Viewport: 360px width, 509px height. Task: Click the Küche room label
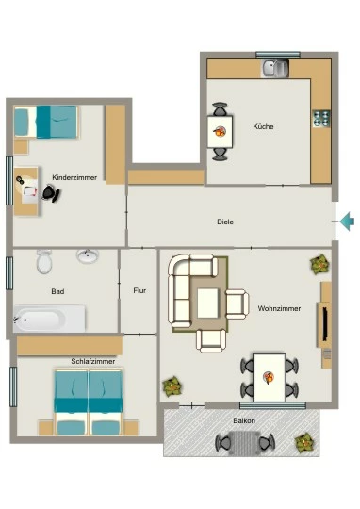[x=263, y=126]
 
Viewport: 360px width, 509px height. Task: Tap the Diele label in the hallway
[x=225, y=222]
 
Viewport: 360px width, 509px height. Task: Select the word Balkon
[x=244, y=420]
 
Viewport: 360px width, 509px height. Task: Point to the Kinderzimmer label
[x=74, y=177]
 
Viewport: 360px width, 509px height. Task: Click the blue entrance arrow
[x=347, y=222]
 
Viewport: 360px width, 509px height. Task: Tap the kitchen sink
[x=275, y=69]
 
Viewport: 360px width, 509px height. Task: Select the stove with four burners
[x=321, y=119]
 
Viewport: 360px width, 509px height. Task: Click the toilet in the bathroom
[x=44, y=261]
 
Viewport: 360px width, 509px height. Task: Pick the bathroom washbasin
[x=88, y=256]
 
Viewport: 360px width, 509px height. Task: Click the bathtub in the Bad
[x=50, y=319]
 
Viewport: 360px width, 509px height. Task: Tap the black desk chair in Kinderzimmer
[x=51, y=193]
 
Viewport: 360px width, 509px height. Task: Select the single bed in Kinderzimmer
[x=45, y=122]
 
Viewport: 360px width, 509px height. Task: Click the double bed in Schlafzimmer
[x=89, y=402]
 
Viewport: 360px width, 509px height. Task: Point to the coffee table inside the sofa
[x=207, y=304]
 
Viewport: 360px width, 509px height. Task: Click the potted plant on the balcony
[x=304, y=444]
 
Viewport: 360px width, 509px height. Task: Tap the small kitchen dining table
[x=221, y=131]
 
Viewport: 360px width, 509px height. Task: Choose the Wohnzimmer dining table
[x=270, y=378]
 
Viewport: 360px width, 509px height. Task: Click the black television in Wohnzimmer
[x=324, y=324]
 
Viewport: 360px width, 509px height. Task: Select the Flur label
[x=139, y=290]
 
